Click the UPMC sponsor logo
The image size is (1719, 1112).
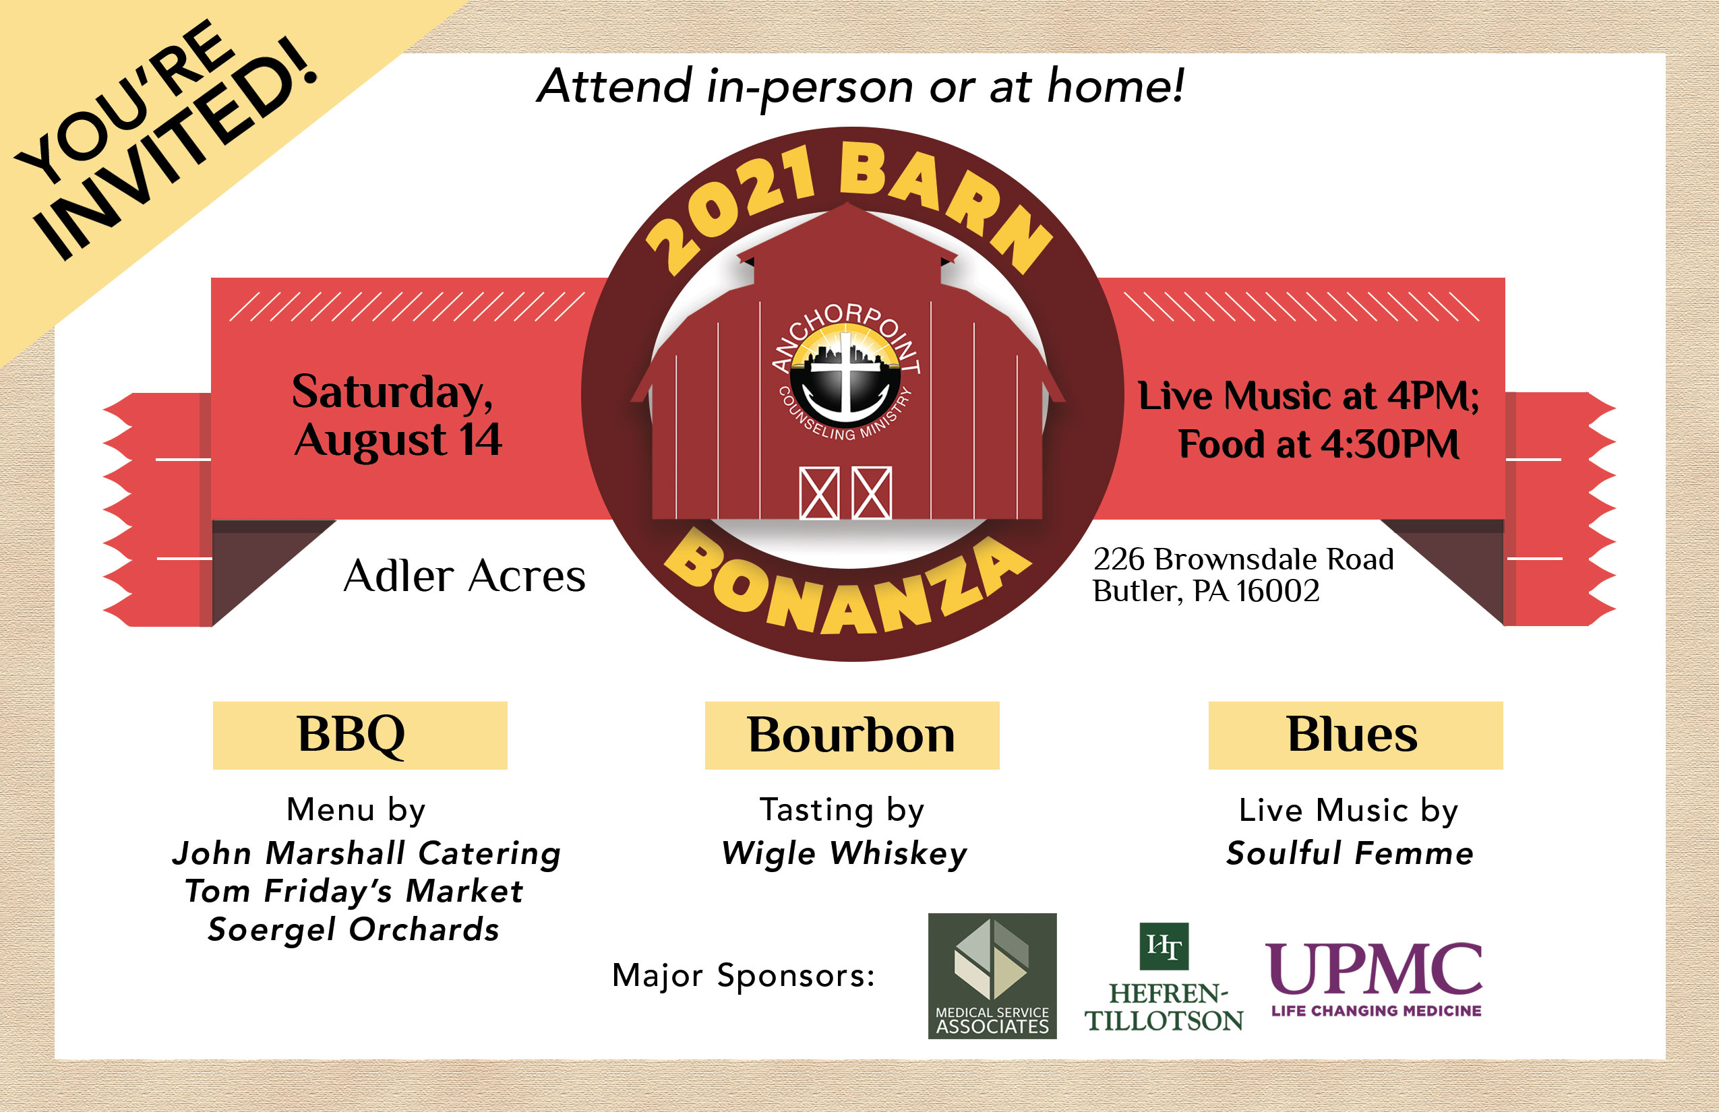point(1374,979)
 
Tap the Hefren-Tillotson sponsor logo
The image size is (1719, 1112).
point(1164,978)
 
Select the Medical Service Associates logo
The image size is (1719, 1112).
point(992,976)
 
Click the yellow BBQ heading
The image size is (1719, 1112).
point(360,735)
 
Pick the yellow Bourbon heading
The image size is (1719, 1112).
point(852,735)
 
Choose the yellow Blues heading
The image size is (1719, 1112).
point(1356,735)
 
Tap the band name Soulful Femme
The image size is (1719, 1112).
point(1350,853)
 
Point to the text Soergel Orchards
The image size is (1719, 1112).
point(353,930)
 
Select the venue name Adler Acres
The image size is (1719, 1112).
point(464,576)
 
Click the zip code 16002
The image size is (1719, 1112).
point(1277,590)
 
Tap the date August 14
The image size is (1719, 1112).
point(398,439)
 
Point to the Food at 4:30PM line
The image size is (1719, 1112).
point(1319,443)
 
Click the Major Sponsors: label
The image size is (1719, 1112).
point(743,976)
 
